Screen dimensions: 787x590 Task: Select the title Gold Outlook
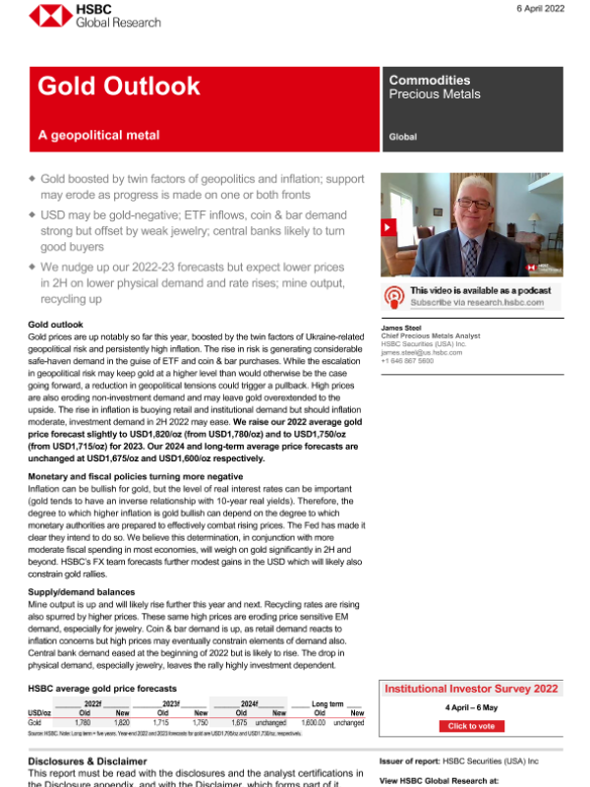click(x=118, y=87)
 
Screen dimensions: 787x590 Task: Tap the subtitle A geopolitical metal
click(x=98, y=135)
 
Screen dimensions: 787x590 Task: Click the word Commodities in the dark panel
click(x=430, y=81)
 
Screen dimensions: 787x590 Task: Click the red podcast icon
click(x=394, y=296)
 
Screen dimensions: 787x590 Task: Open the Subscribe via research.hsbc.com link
click(x=476, y=303)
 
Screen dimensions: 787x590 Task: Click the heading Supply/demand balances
click(x=82, y=592)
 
